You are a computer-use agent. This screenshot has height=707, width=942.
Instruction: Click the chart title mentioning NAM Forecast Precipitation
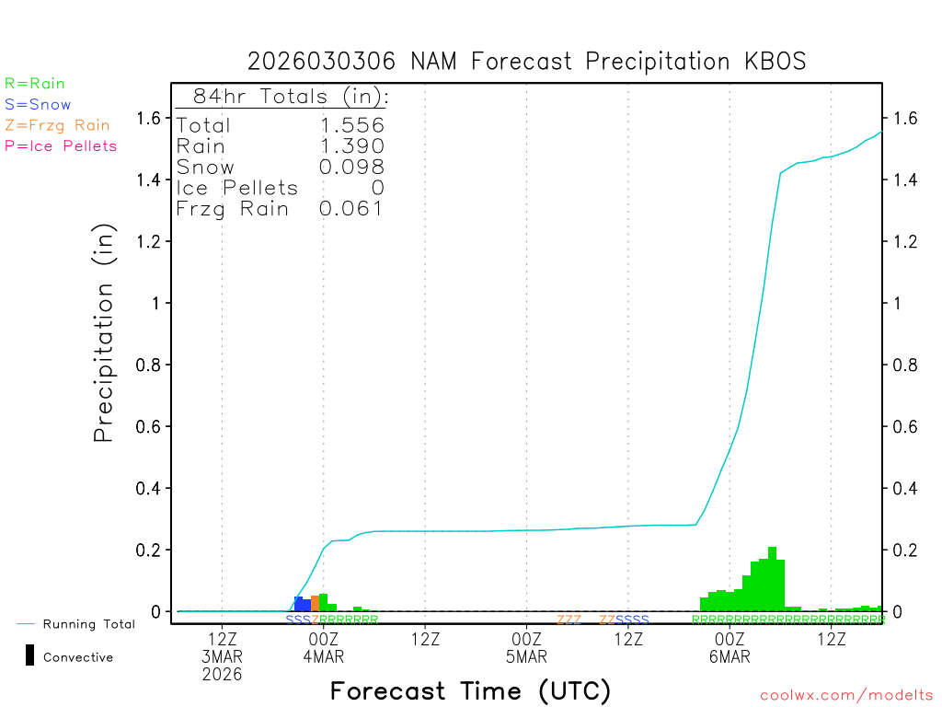point(526,62)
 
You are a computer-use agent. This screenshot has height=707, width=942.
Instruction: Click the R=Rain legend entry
point(35,84)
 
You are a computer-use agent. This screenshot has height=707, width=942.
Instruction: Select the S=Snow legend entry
point(38,105)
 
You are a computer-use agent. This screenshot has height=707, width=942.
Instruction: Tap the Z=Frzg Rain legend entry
point(57,125)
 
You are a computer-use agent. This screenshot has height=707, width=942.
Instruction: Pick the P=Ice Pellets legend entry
point(61,145)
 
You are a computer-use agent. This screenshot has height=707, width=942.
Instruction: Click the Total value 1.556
point(351,125)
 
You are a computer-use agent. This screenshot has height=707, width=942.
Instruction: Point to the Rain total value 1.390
point(351,145)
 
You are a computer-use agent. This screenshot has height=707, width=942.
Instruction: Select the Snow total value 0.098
point(351,167)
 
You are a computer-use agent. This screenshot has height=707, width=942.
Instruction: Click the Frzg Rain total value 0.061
point(351,209)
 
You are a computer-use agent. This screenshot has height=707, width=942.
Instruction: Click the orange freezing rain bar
point(315,603)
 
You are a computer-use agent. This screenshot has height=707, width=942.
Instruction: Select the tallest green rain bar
point(772,579)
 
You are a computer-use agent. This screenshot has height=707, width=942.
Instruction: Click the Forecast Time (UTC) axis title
point(470,690)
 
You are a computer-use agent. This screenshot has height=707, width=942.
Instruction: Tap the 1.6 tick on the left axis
point(149,118)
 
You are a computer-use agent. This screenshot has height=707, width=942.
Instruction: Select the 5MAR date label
point(527,657)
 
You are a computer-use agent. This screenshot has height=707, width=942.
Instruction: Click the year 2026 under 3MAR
point(223,675)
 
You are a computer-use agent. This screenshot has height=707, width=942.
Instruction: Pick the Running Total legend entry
point(88,624)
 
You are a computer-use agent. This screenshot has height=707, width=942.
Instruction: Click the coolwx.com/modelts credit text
point(846,696)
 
